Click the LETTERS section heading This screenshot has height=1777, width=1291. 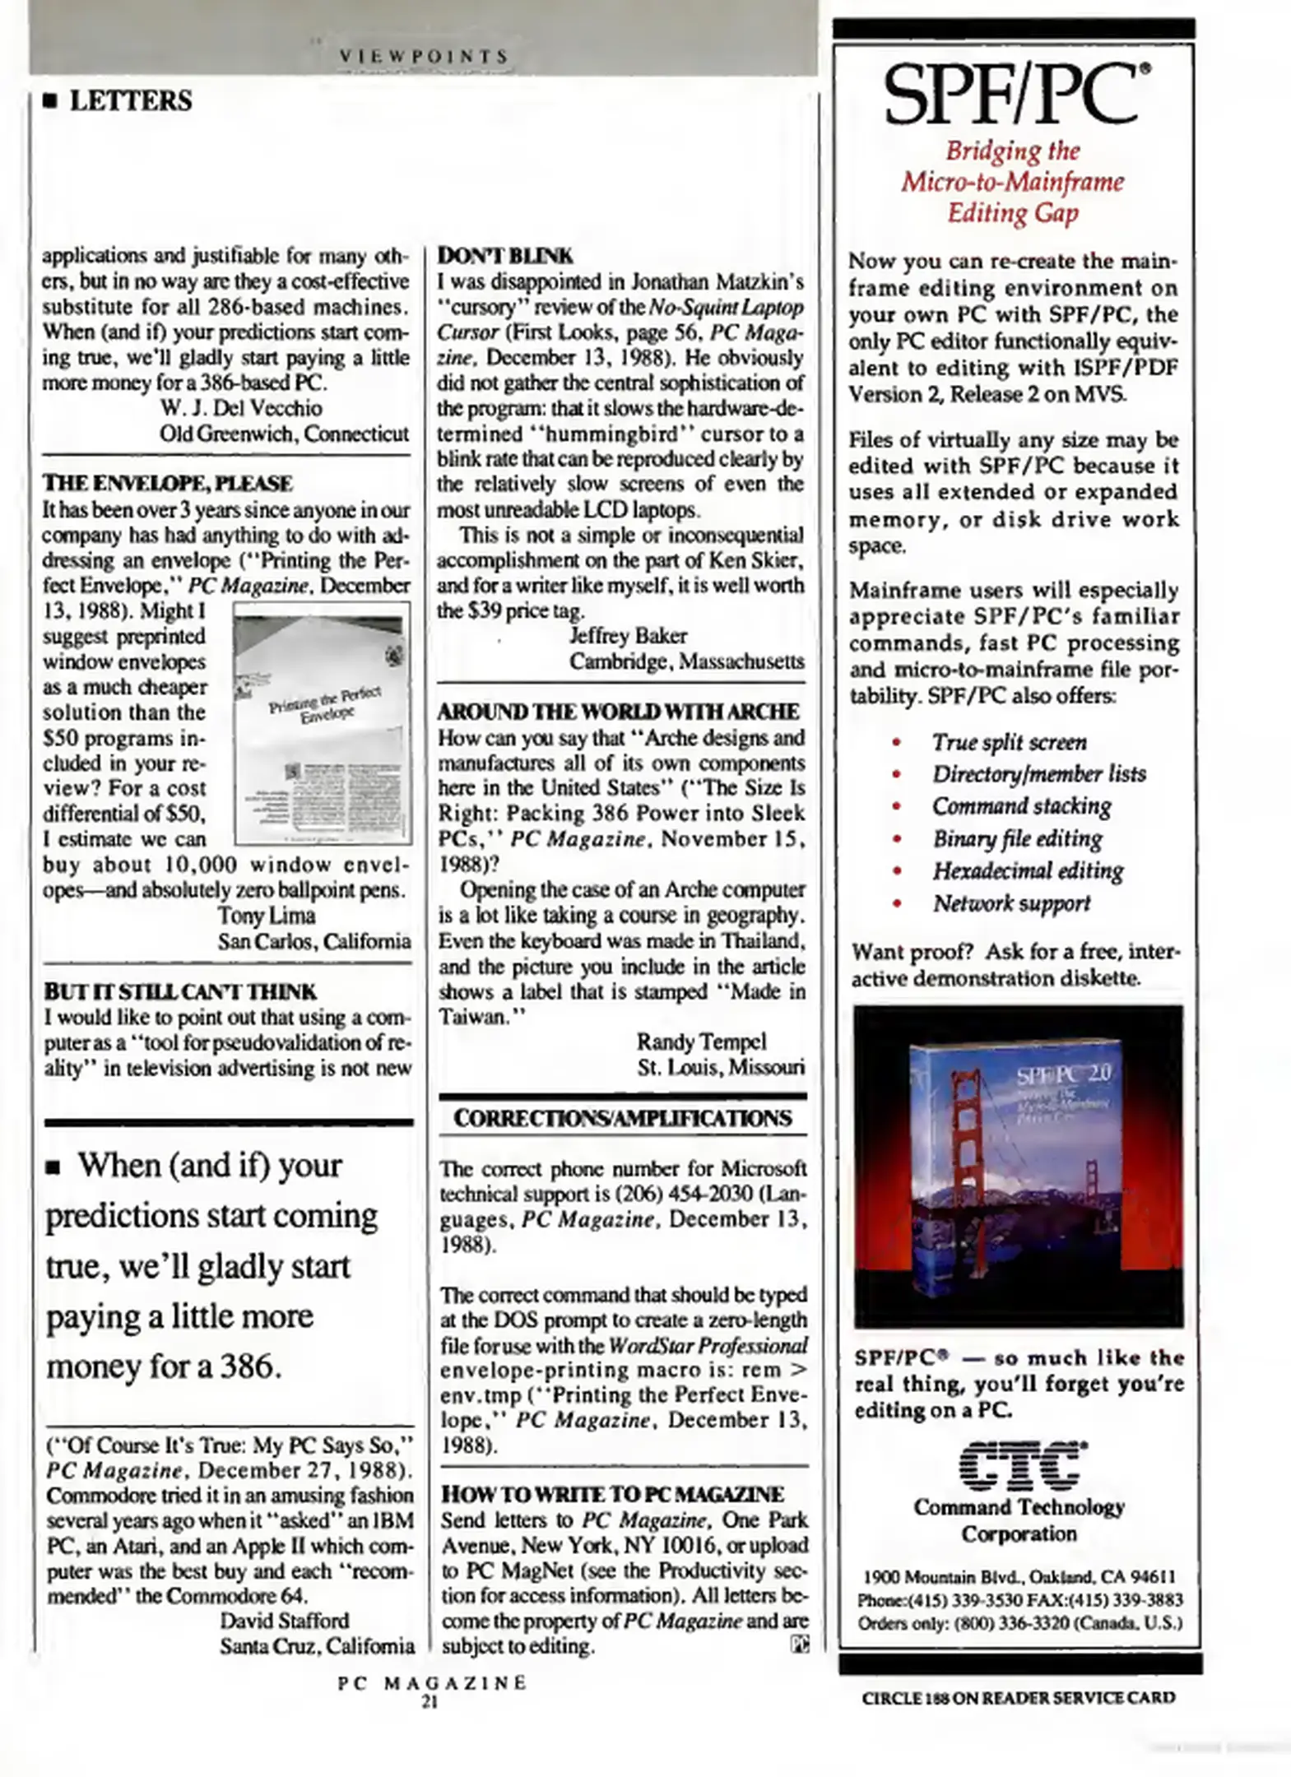[x=130, y=101]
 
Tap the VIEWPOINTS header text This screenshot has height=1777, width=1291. [x=425, y=56]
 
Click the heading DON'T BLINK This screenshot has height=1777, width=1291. [x=504, y=255]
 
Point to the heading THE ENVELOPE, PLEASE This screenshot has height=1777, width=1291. [x=167, y=483]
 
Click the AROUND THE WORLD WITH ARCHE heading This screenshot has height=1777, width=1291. [x=618, y=712]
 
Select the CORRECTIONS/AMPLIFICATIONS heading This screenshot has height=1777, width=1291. [x=623, y=1118]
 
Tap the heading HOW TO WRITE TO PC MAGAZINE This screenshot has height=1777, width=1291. [x=612, y=1494]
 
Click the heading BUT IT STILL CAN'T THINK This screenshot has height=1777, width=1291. [x=179, y=991]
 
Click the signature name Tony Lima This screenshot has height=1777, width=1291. [x=266, y=916]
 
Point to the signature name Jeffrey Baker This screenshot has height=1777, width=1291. [x=628, y=636]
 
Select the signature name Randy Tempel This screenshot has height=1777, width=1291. [x=701, y=1042]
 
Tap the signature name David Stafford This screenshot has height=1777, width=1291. [x=284, y=1621]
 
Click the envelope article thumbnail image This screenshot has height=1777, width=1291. [x=323, y=723]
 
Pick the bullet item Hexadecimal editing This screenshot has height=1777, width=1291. [x=1028, y=870]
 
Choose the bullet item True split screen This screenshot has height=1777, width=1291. [x=1009, y=742]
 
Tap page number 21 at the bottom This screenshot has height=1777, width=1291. [x=430, y=1702]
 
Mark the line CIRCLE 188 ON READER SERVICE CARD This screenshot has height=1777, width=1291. [x=1018, y=1697]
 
